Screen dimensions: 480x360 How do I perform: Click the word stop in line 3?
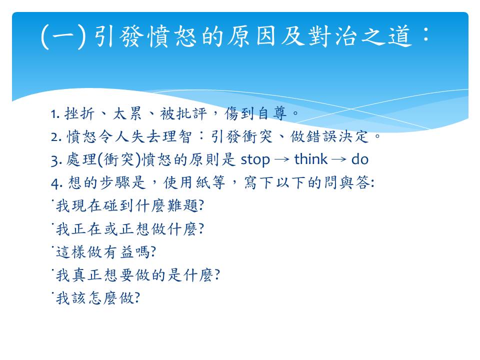(x=255, y=160)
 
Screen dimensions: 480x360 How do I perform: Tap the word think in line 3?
(x=310, y=159)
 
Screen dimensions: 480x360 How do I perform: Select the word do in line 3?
(x=359, y=159)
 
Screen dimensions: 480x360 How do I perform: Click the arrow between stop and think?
(x=282, y=159)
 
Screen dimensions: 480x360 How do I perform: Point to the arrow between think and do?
(x=339, y=159)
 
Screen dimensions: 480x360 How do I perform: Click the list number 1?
(x=55, y=114)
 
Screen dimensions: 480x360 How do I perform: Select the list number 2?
(x=56, y=137)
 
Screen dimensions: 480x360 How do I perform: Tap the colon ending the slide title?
(x=425, y=34)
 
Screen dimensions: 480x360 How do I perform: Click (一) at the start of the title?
(x=63, y=36)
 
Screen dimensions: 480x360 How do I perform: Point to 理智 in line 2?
(x=177, y=136)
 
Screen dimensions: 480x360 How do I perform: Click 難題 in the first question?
(x=183, y=205)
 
